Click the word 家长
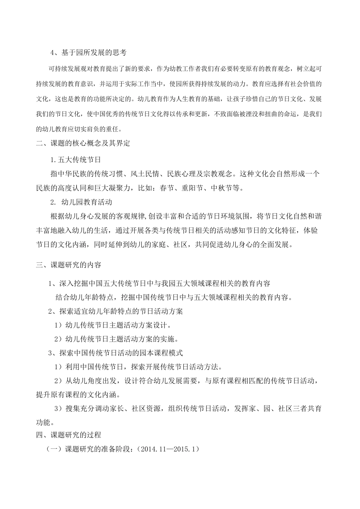[115, 409]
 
